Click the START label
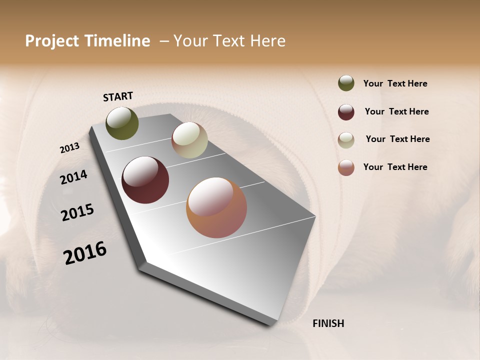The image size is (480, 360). (118, 96)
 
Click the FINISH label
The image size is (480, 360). (328, 323)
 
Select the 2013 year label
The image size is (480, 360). (69, 148)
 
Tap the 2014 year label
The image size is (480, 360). (73, 177)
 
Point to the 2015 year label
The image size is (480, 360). (77, 212)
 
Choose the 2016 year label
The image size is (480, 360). (85, 253)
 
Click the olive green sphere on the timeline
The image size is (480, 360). (122, 123)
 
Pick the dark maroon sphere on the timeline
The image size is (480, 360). (145, 180)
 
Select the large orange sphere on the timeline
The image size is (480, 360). (216, 207)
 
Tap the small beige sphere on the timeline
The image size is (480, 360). (189, 140)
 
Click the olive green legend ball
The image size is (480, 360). (346, 83)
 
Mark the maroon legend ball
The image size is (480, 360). (346, 112)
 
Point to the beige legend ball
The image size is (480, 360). (346, 140)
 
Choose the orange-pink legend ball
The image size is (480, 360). (346, 167)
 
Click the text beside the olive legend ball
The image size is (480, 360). (395, 83)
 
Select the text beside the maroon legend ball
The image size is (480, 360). (396, 111)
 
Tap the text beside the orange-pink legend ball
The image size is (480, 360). (395, 167)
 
